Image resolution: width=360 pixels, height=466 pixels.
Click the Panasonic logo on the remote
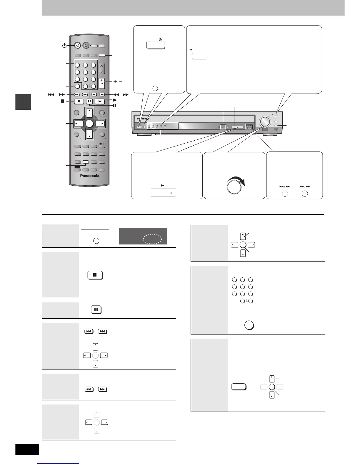pos(90,176)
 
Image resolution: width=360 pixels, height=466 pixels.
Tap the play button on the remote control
pos(100,101)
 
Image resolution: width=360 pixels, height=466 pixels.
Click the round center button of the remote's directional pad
pos(90,124)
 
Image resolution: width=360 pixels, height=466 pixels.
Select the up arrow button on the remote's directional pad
pos(89,113)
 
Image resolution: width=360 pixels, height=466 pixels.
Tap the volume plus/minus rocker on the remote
pos(101,83)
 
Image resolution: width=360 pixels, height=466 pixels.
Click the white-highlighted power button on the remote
pos(77,46)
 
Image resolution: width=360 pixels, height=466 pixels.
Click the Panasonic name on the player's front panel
pos(143,119)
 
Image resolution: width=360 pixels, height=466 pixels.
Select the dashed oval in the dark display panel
pos(152,239)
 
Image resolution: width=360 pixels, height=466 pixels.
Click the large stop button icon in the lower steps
pos(95,275)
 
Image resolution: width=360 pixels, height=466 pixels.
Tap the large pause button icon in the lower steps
pos(96,310)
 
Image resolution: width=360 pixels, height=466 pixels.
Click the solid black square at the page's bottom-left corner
pos(27,450)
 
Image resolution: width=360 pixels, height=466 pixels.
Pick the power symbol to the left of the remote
pos(64,46)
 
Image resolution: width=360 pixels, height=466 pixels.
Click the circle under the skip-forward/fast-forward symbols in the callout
pos(305,194)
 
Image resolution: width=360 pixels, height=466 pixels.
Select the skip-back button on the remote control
pos(76,95)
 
